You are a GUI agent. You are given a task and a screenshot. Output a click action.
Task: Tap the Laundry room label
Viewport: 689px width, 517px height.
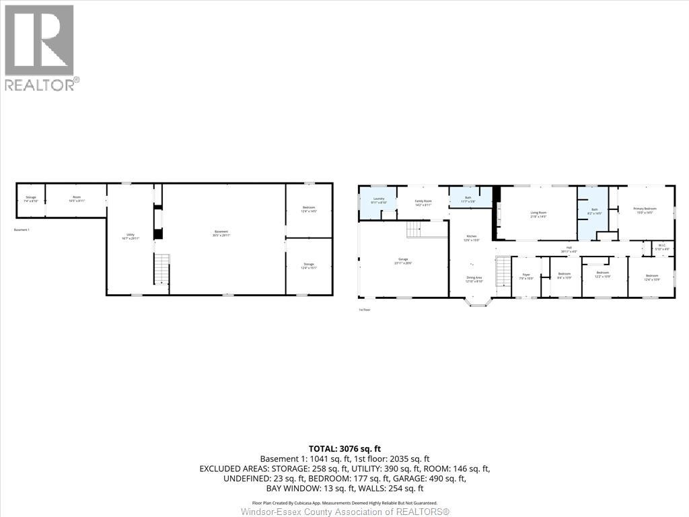379,200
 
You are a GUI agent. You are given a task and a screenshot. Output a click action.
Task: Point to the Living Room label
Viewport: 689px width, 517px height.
538,214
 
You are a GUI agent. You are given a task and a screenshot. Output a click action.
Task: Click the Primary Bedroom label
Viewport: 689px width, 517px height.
645,211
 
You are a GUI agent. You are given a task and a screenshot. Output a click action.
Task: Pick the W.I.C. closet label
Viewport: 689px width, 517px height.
662,247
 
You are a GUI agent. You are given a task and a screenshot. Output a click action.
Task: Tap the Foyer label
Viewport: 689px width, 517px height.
526,276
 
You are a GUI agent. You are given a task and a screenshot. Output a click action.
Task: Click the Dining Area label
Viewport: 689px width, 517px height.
474,279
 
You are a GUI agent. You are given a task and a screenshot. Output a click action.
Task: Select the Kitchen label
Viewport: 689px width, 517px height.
472,238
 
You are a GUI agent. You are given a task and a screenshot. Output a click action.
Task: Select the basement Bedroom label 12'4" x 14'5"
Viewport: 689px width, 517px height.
309,209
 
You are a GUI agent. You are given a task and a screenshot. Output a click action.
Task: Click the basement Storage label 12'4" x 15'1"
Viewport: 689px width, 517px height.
309,266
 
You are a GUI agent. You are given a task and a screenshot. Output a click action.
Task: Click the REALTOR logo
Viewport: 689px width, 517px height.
40,47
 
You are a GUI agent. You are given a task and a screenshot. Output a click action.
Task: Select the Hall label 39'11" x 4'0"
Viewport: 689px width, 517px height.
569,249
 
